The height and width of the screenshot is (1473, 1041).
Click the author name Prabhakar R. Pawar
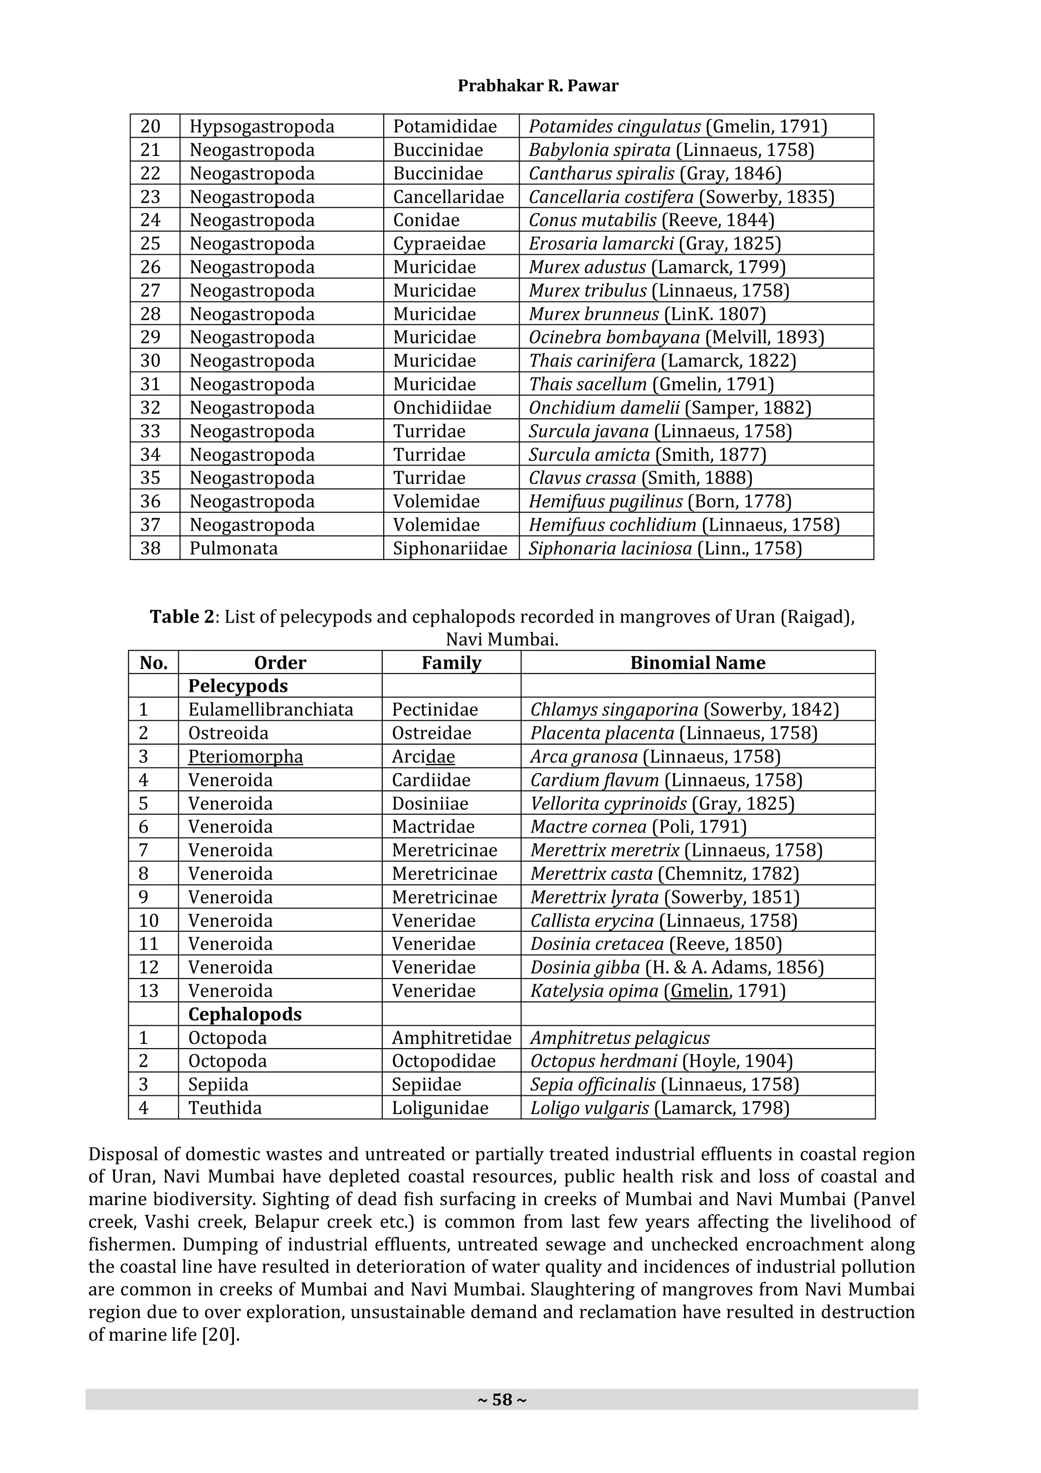537,86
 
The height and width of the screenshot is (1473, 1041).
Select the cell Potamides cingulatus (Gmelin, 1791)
678,127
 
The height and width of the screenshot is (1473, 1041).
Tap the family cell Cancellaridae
448,197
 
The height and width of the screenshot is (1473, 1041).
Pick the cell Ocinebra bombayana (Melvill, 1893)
676,337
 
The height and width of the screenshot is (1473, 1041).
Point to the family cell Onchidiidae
442,408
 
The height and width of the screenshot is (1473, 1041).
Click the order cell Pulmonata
233,548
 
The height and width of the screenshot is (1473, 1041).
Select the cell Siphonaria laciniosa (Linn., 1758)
665,548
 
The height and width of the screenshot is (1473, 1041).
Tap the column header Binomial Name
697,663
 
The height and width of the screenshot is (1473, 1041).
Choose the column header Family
451,663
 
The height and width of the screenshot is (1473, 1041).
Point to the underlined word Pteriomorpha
245,757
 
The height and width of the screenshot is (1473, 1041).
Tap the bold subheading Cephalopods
244,1015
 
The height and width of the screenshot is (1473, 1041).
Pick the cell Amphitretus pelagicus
620,1038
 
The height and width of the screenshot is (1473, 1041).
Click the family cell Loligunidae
440,1108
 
